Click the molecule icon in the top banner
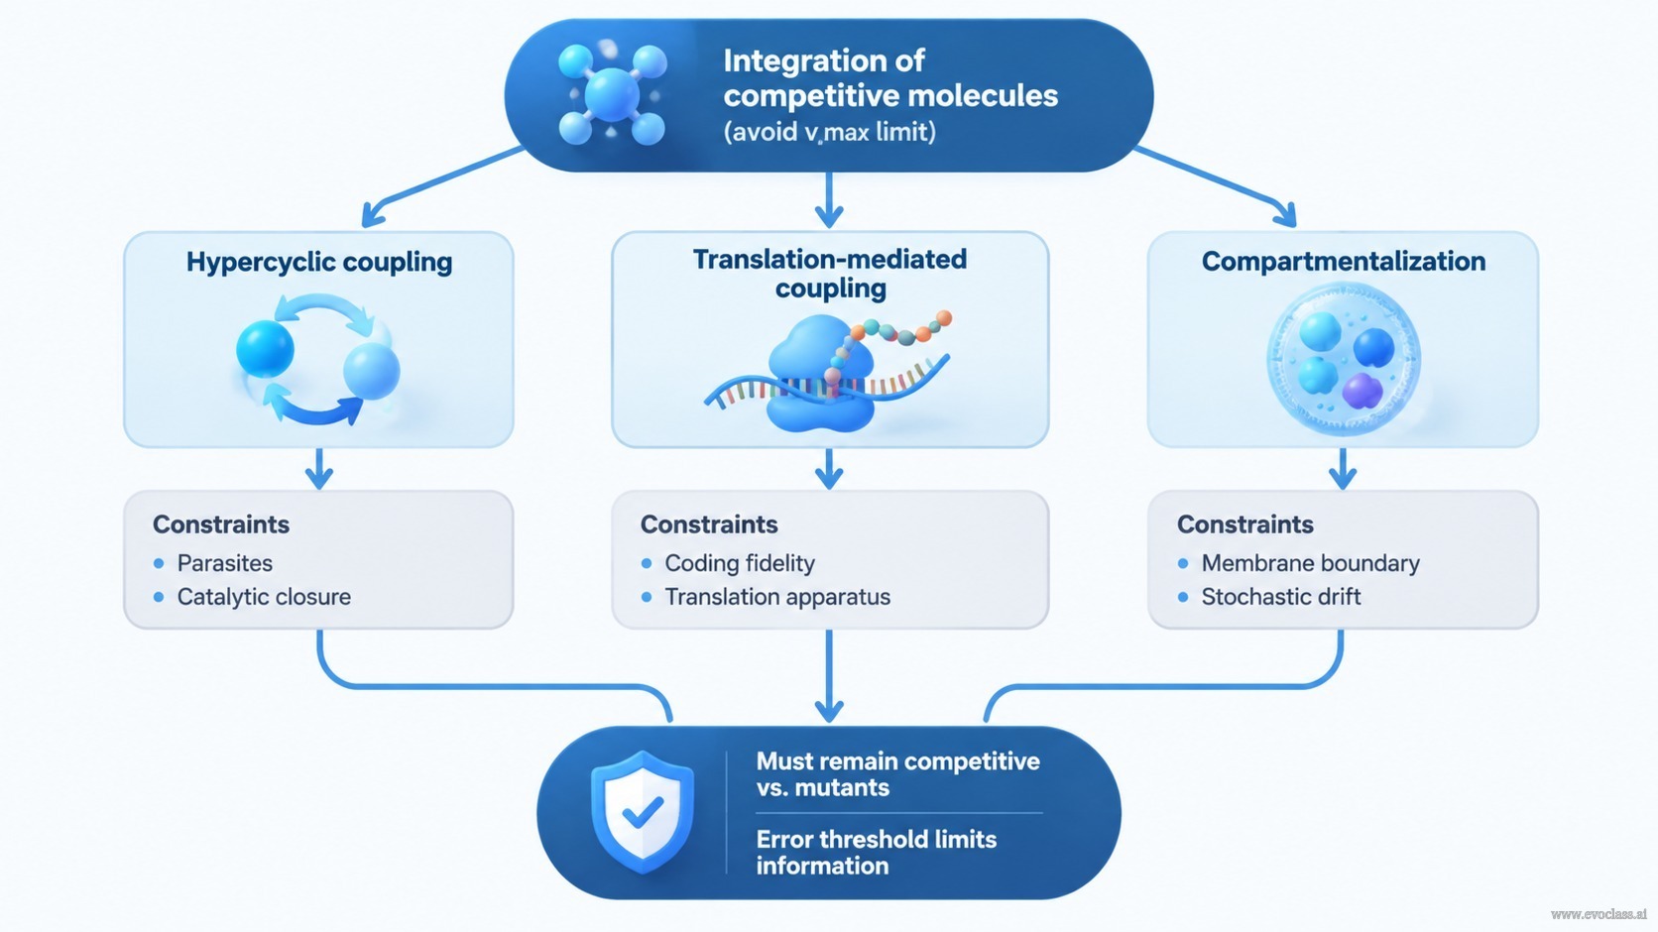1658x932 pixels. (612, 95)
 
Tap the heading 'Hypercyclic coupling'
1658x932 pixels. (319, 262)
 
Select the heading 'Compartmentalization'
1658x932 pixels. (1344, 262)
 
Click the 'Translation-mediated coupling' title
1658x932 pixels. (830, 274)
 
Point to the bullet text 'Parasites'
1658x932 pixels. (224, 563)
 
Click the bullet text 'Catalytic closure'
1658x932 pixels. (264, 597)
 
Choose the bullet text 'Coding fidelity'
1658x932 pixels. (740, 563)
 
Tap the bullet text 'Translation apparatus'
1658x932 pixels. (777, 597)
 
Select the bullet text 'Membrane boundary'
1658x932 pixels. (1310, 563)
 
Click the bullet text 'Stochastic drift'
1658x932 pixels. (1280, 597)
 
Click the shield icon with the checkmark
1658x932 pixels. (643, 811)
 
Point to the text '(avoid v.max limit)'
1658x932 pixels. (829, 132)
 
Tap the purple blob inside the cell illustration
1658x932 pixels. (1362, 391)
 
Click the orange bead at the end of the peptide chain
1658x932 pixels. (944, 318)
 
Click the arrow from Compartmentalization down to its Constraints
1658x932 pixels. (1343, 469)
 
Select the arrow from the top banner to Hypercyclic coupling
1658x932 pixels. (442, 185)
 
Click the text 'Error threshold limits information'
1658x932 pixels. (877, 853)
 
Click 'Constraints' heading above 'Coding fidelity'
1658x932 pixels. (708, 524)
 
